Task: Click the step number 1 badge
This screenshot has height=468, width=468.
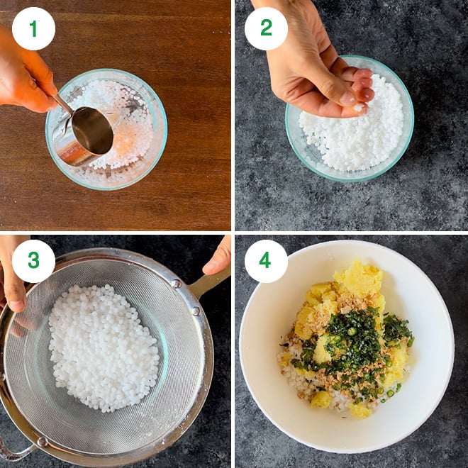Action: point(33,29)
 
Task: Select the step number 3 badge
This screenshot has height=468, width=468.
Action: point(33,261)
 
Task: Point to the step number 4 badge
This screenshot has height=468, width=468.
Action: point(266,261)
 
